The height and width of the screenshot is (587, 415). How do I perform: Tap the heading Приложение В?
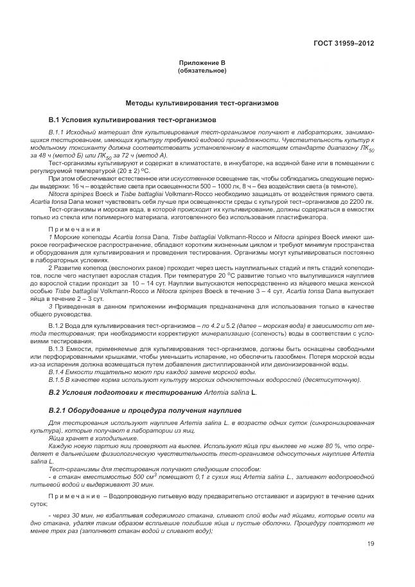(x=202, y=62)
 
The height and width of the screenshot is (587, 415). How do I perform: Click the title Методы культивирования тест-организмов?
(x=202, y=103)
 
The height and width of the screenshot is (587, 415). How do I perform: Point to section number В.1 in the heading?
(x=57, y=120)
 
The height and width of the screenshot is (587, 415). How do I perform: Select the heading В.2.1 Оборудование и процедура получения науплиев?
(x=145, y=410)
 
